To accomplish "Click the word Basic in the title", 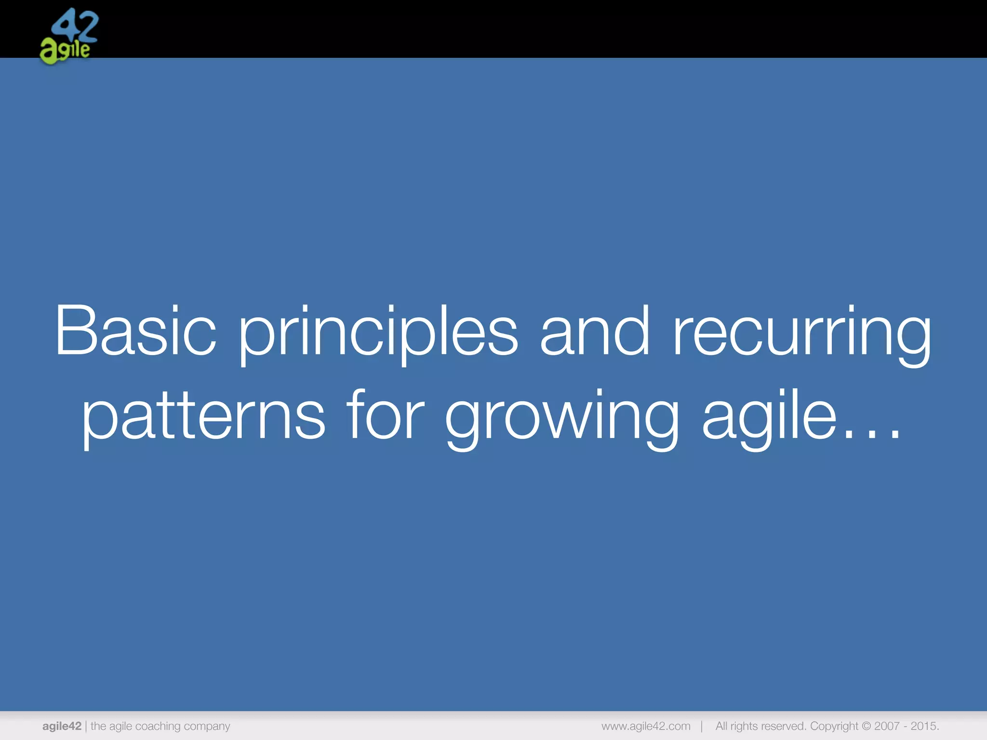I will [x=136, y=331].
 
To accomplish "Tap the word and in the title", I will [x=595, y=331].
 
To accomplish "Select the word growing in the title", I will [x=562, y=417].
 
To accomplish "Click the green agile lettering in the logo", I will [x=65, y=51].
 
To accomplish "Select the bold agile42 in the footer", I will [x=62, y=726].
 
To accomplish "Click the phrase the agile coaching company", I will [x=160, y=726].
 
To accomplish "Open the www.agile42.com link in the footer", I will [x=646, y=726].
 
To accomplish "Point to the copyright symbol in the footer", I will [x=866, y=726].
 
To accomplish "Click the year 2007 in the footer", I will [x=887, y=726].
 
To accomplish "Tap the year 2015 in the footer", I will [x=924, y=726].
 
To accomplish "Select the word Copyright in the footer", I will [x=834, y=726].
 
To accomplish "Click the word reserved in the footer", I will [x=784, y=726].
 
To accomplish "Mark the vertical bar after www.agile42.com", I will [x=702, y=726].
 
